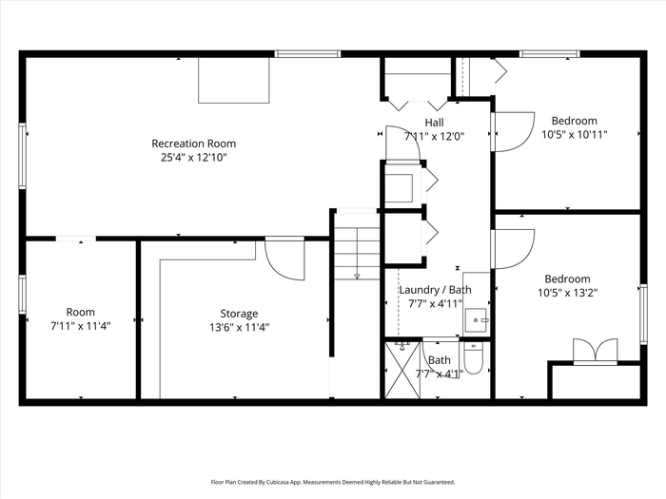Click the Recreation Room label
click(194, 144)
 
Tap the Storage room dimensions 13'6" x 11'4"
click(239, 328)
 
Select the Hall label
click(434, 123)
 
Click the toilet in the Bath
click(473, 357)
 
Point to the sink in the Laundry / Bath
click(476, 320)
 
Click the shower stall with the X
click(402, 370)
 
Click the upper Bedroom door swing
click(513, 131)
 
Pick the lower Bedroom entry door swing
click(513, 249)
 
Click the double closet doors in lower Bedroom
click(595, 351)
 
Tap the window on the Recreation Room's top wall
click(307, 54)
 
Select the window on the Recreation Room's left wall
click(22, 156)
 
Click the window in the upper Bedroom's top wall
click(550, 54)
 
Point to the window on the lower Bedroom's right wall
click(643, 314)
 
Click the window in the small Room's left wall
click(22, 295)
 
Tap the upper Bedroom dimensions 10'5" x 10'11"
click(575, 135)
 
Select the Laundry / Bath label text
click(436, 290)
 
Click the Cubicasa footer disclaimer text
click(333, 482)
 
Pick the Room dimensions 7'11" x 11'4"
click(81, 326)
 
